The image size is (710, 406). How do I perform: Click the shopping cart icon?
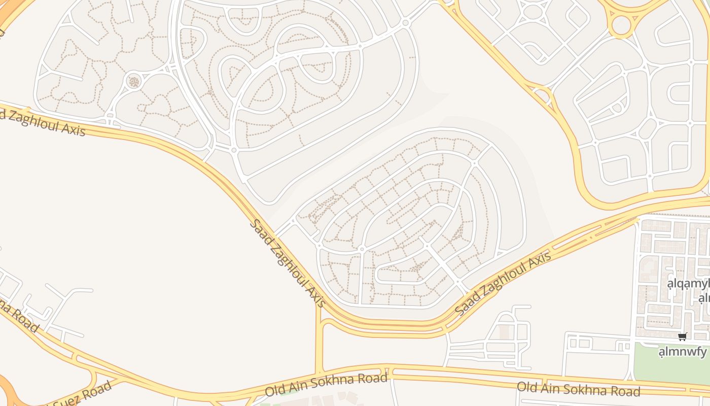pos(683,337)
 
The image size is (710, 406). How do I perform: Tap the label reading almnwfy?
pos(683,351)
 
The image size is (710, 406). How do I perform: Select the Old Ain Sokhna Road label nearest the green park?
pos(578,389)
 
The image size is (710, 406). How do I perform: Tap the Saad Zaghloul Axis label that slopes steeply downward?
pos(287,263)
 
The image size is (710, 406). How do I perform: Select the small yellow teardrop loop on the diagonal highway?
pos(542,94)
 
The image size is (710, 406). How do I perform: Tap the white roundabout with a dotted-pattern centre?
pos(133,81)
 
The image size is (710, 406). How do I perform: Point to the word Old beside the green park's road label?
pos(527,387)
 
